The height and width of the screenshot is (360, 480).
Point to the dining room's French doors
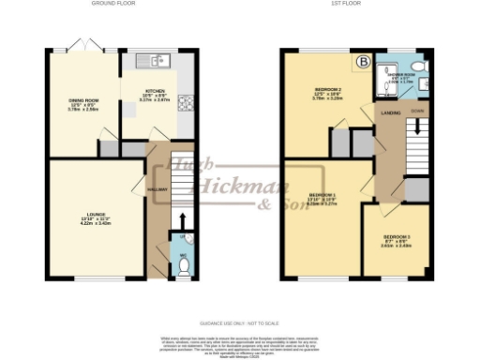point(78,47)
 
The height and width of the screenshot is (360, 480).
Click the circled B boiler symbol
point(361,63)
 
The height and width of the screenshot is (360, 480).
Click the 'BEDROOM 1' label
point(322,196)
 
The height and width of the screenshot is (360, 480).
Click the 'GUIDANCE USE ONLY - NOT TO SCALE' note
point(239,321)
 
